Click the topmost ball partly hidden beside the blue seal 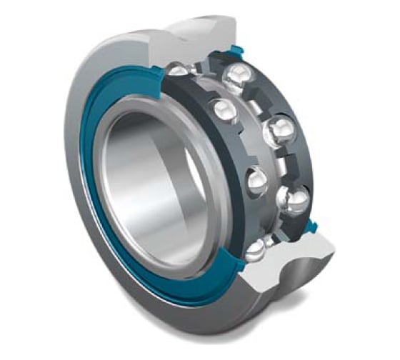click(x=179, y=69)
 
